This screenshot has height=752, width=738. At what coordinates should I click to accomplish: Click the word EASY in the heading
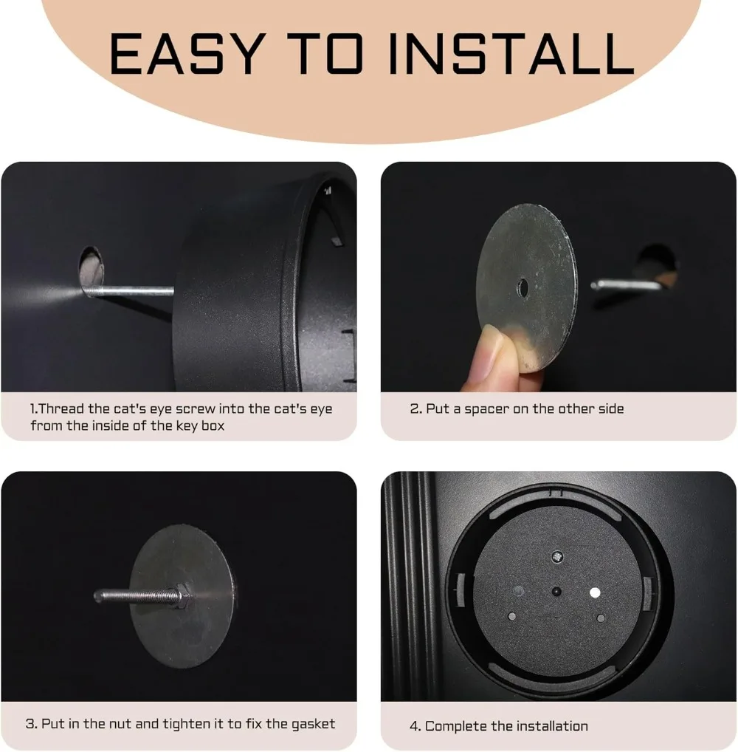tap(187, 53)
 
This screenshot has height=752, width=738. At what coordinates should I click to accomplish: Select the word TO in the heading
tap(328, 53)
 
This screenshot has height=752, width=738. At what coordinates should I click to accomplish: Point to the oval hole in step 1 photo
tap(91, 271)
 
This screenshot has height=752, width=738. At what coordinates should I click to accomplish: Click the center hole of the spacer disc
tap(523, 288)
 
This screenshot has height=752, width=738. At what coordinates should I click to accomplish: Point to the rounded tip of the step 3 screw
tap(97, 596)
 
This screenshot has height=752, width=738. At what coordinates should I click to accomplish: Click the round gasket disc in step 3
tap(182, 597)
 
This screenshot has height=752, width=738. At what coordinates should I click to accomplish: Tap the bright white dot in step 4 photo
tap(595, 592)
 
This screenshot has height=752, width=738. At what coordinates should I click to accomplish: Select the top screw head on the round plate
tap(557, 557)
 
